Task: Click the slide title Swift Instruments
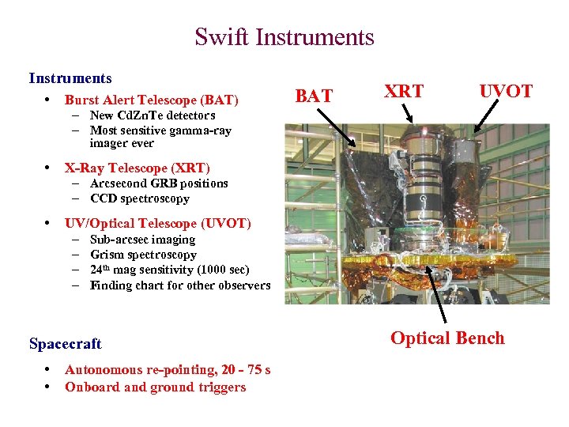point(284,37)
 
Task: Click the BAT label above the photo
point(314,96)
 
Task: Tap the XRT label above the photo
point(403,92)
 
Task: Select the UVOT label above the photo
point(506,92)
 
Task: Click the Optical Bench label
point(447,338)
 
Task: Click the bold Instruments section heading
point(70,78)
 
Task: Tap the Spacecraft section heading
point(66,344)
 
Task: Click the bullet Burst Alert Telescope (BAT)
point(151,100)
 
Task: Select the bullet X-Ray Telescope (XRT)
point(138,168)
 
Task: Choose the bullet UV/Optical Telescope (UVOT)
point(158,224)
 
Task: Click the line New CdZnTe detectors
point(153,116)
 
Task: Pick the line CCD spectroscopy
point(140,199)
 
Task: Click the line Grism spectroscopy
point(143,255)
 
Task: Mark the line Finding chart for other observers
point(180,286)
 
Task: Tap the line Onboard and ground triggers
point(155,387)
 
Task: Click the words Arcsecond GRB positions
point(159,183)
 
